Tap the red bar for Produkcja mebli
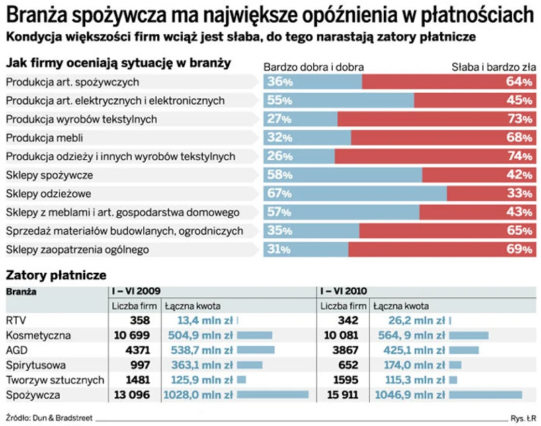pyautogui.click(x=444, y=138)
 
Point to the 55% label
pyautogui.click(x=279, y=101)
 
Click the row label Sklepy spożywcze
pyautogui.click(x=49, y=175)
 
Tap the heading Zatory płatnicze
pyautogui.click(x=56, y=275)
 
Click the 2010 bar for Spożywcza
pyautogui.click(x=485, y=394)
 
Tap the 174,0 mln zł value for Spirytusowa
pyautogui.click(x=410, y=365)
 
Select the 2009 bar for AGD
pyautogui.click(x=256, y=350)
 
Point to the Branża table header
pyautogui.click(x=22, y=292)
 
